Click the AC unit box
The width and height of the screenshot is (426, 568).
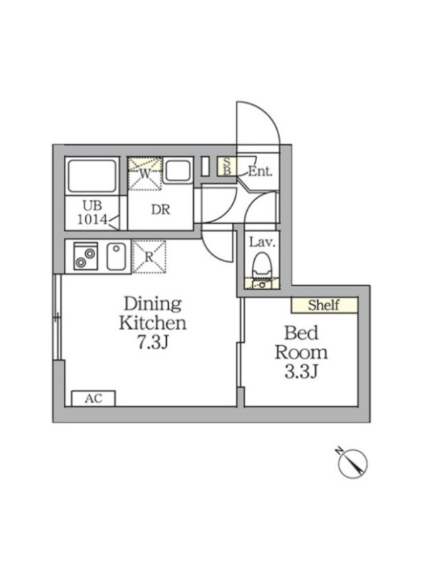click(94, 398)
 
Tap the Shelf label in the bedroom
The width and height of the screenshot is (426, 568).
click(324, 305)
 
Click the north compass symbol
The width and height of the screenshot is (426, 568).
click(352, 462)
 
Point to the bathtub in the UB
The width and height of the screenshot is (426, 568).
click(92, 175)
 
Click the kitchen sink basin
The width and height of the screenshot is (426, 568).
click(116, 256)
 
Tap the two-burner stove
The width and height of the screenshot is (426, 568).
click(85, 256)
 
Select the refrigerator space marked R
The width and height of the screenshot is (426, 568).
click(149, 256)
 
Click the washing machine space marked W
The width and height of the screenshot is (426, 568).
click(145, 173)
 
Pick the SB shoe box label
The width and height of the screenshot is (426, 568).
click(226, 166)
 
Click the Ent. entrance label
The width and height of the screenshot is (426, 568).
click(260, 171)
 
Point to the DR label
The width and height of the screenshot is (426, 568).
click(160, 209)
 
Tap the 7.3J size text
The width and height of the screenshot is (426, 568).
click(153, 342)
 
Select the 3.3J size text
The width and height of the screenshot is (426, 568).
click(301, 371)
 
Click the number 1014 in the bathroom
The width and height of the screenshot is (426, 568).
click(92, 219)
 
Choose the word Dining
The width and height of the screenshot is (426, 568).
click(153, 305)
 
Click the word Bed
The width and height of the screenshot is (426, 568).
click(301, 332)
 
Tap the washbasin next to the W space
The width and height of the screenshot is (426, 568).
click(178, 171)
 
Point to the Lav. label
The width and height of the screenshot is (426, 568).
click(262, 242)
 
